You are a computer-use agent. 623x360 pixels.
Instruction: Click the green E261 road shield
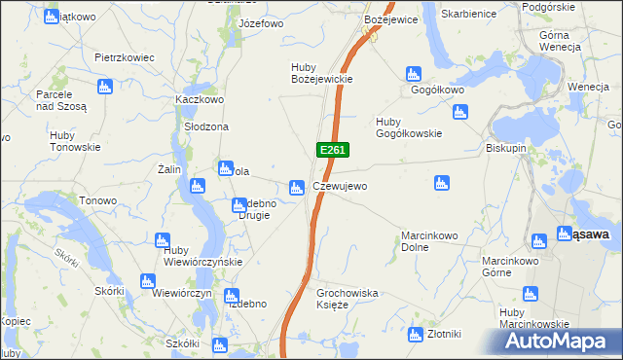332,150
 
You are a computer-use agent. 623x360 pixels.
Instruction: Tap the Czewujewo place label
340,187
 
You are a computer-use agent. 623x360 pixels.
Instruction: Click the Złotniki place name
444,333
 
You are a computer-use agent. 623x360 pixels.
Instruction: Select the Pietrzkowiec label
125,57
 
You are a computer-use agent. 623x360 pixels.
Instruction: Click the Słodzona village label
206,127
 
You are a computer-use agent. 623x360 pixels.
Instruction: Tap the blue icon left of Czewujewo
297,186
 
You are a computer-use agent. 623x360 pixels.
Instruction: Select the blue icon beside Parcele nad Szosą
80,90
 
